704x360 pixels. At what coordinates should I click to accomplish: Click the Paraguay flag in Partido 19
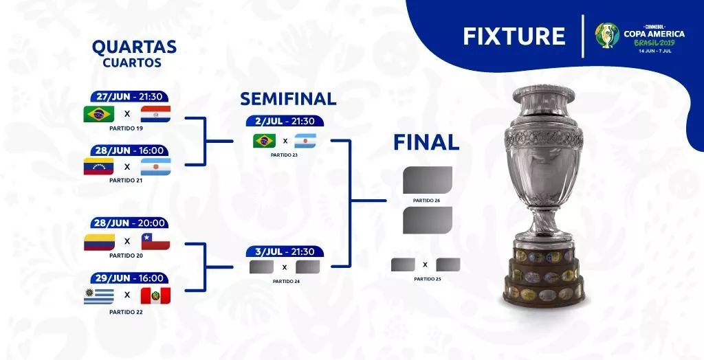pyautogui.click(x=155, y=114)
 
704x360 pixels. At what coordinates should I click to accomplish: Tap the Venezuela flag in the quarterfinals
pyautogui.click(x=99, y=166)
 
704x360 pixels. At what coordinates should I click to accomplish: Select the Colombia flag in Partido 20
pyautogui.click(x=99, y=242)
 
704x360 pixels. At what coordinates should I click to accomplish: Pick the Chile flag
pyautogui.click(x=155, y=242)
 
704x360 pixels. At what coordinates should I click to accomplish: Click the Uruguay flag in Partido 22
pyautogui.click(x=99, y=296)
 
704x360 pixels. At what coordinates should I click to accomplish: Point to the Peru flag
pyautogui.click(x=155, y=296)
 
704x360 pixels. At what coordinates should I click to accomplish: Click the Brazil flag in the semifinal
pyautogui.click(x=265, y=141)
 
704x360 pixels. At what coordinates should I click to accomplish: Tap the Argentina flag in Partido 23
pyautogui.click(x=305, y=141)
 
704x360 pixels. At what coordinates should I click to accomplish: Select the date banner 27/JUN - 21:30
pyautogui.click(x=129, y=97)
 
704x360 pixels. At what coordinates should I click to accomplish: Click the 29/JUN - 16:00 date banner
pyautogui.click(x=129, y=278)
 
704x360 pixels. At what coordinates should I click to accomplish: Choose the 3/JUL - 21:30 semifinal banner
pyautogui.click(x=285, y=252)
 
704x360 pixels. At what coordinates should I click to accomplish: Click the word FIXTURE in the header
pyautogui.click(x=514, y=36)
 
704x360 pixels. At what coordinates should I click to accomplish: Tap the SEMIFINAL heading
pyautogui.click(x=288, y=99)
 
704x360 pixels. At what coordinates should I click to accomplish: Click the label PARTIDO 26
pyautogui.click(x=426, y=201)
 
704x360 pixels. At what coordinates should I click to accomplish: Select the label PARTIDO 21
pyautogui.click(x=126, y=180)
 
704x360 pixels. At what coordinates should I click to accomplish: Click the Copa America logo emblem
pyautogui.click(x=607, y=35)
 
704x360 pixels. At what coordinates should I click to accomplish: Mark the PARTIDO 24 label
pyautogui.click(x=287, y=282)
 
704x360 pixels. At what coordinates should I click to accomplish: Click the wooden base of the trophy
pyautogui.click(x=544, y=275)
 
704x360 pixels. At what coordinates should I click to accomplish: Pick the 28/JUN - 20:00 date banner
pyautogui.click(x=129, y=223)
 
